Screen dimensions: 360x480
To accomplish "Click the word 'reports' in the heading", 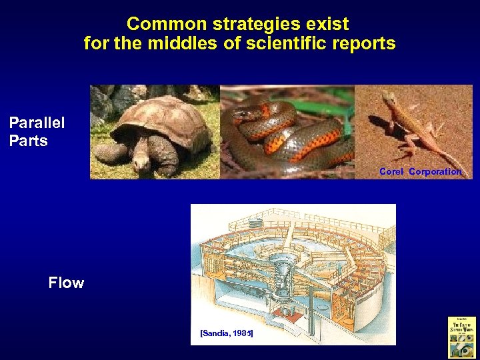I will (x=366, y=45).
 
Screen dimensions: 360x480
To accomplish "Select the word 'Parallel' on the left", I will (x=37, y=123).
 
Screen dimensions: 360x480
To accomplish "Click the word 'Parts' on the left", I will (x=29, y=141).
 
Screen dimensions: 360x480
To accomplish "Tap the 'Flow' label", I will (x=66, y=283).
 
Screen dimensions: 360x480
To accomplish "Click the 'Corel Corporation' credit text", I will (x=420, y=172).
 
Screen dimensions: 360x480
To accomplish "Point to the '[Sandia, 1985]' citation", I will (x=226, y=333).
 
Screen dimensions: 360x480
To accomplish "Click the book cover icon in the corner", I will (x=461, y=337).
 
